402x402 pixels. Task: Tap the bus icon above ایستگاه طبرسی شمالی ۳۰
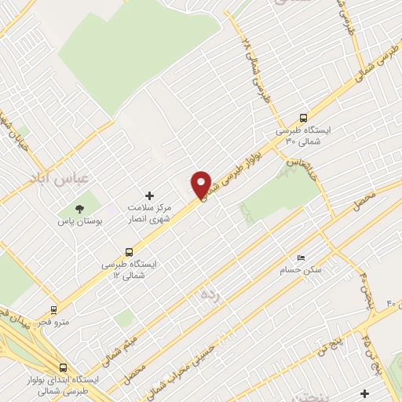pos(304,119)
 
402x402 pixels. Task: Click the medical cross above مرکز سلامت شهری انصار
pos(150,195)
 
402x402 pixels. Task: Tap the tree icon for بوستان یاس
pos(79,209)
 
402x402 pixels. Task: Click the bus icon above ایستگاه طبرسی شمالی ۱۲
pos(117,253)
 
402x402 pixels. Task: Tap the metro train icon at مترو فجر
pos(54,309)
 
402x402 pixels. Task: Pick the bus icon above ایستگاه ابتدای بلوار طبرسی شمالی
pos(64,367)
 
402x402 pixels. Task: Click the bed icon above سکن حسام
pos(301,258)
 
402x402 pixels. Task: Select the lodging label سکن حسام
pos(300,271)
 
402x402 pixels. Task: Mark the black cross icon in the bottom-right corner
pos(364,393)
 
